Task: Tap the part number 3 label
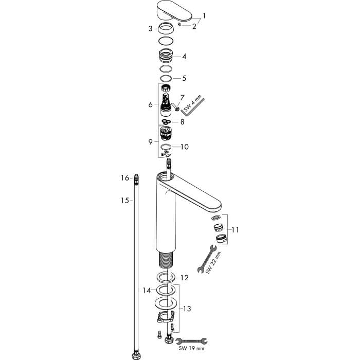coord(150,29)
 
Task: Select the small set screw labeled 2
coord(180,24)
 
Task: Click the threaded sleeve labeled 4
coord(166,57)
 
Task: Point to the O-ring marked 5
coord(166,78)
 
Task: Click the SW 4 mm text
coord(192,103)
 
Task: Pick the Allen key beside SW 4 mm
coord(193,107)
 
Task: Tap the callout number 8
coord(182,122)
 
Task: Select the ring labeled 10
coord(166,147)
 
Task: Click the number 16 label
coord(125,178)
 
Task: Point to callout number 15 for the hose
coord(125,201)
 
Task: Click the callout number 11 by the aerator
coord(235,229)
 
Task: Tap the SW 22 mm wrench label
coord(214,263)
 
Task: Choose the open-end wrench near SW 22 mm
coord(207,259)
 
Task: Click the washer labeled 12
coord(166,277)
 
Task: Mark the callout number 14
coord(147,291)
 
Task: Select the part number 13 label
coord(187,309)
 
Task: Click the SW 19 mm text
coord(191,348)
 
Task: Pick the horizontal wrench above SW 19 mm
coord(191,341)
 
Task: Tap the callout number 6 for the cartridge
coord(150,105)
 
